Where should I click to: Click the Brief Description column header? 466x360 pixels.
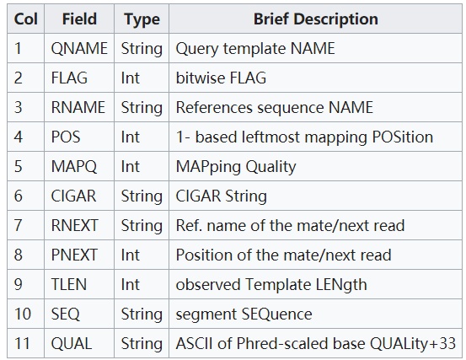pos(316,19)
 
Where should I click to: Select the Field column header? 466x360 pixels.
pos(79,19)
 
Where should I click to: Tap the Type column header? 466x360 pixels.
pos(142,19)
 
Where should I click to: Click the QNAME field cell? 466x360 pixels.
pos(79,48)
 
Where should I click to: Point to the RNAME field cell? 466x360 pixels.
pos(78,107)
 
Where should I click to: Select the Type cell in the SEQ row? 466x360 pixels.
pos(142,314)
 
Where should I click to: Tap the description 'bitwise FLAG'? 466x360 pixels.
pos(221,78)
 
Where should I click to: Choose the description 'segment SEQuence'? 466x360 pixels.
pos(244,314)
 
